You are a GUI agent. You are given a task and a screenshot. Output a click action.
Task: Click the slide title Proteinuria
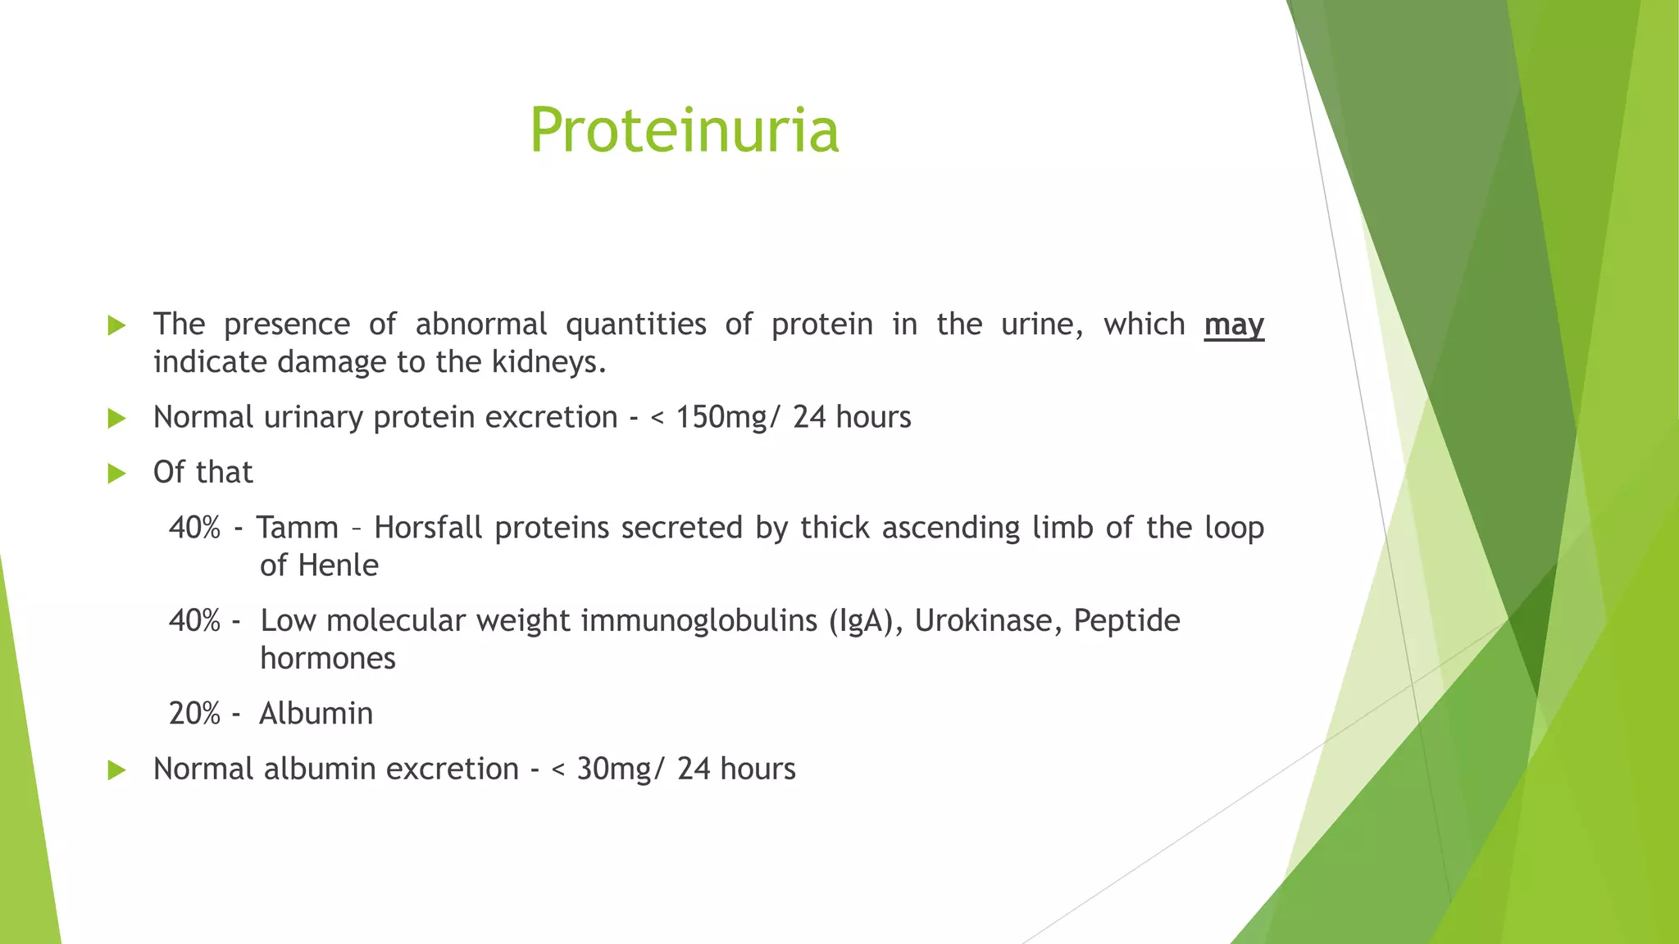coord(684,131)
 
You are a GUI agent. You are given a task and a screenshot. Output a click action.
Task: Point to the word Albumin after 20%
coord(316,714)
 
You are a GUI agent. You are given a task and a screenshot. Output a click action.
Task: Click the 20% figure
coord(194,714)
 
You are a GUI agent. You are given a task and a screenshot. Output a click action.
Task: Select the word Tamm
coord(297,528)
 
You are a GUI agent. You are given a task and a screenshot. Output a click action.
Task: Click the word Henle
coord(338,565)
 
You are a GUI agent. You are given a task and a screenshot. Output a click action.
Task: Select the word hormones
coord(328,658)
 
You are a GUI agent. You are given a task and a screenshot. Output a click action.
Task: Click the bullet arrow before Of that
coord(117,474)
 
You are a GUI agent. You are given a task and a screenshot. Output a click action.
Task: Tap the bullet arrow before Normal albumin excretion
coord(117,770)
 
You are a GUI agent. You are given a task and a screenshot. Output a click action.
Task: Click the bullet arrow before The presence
coord(117,325)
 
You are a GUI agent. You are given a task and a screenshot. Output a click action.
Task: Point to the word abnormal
coord(480,324)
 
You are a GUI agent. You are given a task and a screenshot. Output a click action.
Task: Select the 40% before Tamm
coord(194,528)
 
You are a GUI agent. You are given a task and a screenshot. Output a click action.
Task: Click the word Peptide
coord(1126,621)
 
